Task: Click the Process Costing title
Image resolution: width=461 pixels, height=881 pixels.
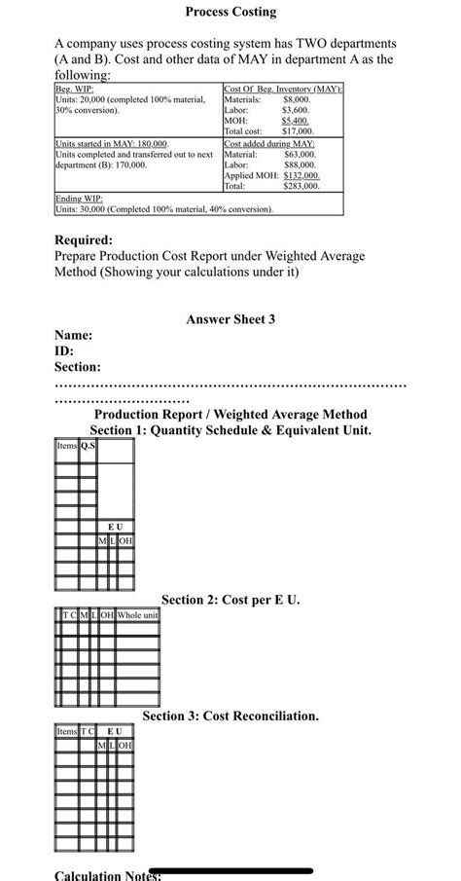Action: (230, 13)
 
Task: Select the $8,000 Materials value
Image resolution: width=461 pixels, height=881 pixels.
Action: (296, 99)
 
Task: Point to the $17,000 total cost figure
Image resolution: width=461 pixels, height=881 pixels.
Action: (297, 130)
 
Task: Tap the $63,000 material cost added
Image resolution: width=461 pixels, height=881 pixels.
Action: (300, 154)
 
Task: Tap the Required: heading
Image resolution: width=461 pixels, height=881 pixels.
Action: (84, 239)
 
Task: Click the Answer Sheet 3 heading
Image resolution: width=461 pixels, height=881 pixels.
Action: (230, 318)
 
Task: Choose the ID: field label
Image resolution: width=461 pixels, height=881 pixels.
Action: (64, 350)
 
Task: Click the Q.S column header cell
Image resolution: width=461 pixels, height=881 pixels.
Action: (88, 447)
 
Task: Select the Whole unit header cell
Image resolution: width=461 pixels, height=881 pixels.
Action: (137, 614)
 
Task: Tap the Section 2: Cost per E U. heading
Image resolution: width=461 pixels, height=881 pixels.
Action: (230, 600)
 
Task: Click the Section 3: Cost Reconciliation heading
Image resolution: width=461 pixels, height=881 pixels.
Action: (230, 716)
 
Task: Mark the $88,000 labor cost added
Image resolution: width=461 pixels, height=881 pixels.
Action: (300, 165)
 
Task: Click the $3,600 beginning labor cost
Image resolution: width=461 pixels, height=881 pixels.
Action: (296, 110)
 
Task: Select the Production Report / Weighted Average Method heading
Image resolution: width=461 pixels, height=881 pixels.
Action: (230, 415)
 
